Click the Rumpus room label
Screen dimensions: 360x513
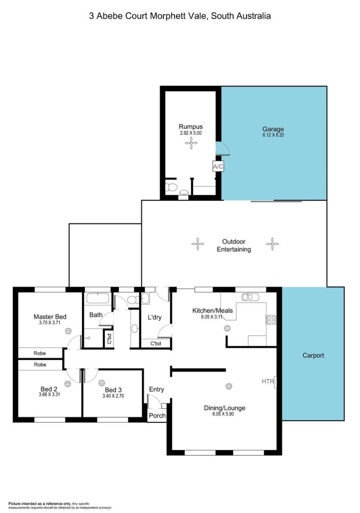[x=191, y=127]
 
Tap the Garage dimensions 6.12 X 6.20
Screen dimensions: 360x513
[x=273, y=135]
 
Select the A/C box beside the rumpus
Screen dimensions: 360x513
[x=218, y=167]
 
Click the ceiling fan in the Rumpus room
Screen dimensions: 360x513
[x=191, y=143]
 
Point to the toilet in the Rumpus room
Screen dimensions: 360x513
[x=171, y=187]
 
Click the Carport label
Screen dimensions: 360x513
[x=313, y=355]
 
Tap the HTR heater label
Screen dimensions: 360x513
[x=268, y=381]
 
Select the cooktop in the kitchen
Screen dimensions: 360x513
[x=271, y=320]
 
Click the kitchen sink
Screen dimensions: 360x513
[x=250, y=297]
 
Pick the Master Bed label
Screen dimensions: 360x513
[x=50, y=317]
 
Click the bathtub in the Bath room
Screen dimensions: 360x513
[x=98, y=298]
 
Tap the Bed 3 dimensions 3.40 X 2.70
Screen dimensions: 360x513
[x=113, y=396]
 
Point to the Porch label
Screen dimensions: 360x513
[x=157, y=416]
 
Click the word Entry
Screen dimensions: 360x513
[x=156, y=389]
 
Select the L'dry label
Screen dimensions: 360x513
[x=155, y=317]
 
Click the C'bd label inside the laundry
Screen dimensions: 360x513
[x=156, y=344]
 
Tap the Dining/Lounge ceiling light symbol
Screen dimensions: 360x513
[x=229, y=386]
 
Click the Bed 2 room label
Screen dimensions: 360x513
[x=49, y=389]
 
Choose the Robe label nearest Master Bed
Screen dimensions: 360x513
[x=40, y=354]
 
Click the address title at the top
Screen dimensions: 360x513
[x=180, y=16]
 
